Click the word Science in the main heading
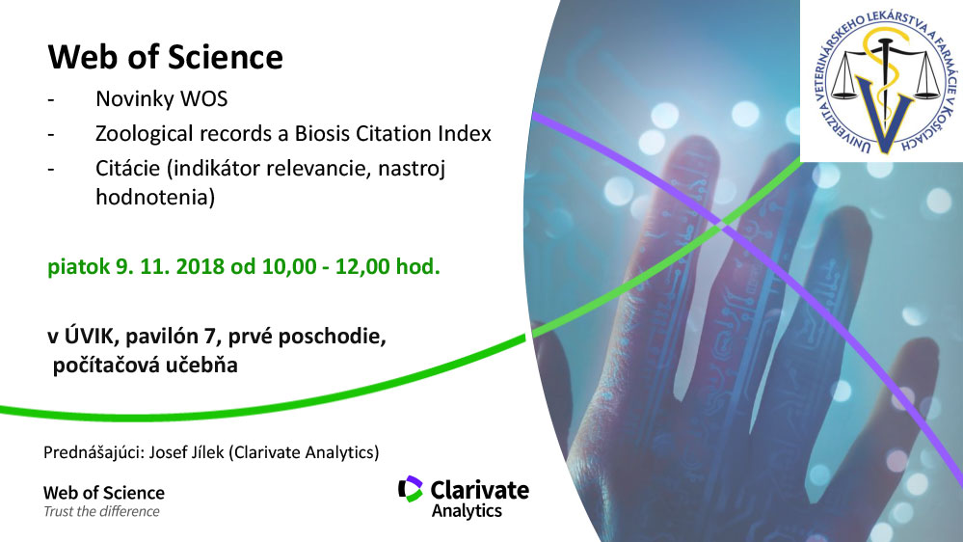click(225, 57)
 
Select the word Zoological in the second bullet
click(143, 134)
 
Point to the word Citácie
click(128, 168)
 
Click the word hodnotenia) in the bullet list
click(155, 197)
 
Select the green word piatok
click(79, 267)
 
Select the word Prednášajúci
click(94, 453)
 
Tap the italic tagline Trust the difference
click(101, 511)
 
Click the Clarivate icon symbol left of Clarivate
click(411, 489)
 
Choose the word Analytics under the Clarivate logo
click(467, 511)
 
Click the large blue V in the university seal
click(884, 114)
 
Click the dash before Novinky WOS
click(51, 99)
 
